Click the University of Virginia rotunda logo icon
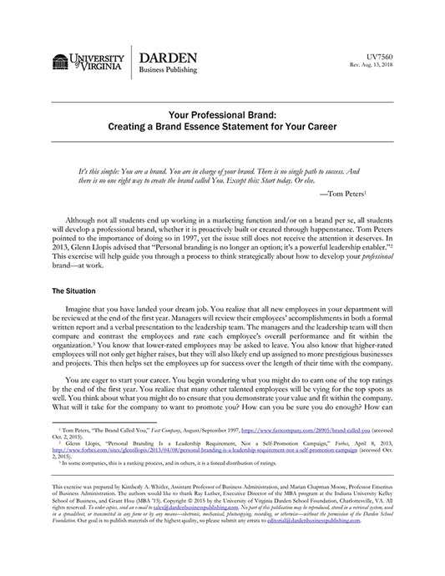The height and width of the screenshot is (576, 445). tap(61, 61)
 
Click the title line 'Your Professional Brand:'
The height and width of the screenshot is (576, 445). tap(222, 118)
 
